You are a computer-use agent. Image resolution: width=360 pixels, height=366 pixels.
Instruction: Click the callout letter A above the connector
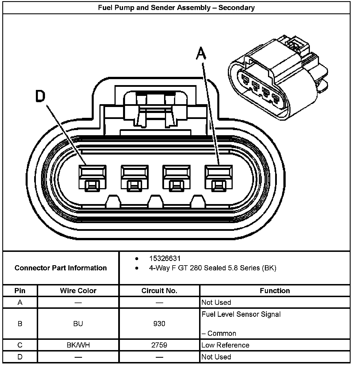coord(201,54)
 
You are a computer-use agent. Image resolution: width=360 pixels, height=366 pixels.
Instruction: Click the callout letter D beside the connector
coord(40,96)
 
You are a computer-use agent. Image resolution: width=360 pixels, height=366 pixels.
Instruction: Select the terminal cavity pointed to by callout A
coord(218,177)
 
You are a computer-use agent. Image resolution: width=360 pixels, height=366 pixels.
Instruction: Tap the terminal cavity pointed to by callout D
coord(92,177)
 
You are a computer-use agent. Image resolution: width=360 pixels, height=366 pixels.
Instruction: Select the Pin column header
coord(20,291)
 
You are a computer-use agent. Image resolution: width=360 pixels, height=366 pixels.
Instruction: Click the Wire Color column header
coord(78,291)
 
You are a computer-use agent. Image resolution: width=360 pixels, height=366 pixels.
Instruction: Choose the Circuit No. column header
coord(159,291)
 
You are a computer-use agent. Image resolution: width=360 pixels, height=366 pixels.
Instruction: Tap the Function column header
coord(275,291)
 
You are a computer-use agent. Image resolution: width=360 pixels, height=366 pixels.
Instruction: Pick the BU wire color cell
coord(78,324)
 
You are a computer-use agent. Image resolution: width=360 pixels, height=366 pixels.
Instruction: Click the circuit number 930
coord(159,324)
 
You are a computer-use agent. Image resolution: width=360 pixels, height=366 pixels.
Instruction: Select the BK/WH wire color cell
coord(78,345)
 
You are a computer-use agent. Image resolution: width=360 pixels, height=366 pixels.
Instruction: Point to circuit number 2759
coord(159,345)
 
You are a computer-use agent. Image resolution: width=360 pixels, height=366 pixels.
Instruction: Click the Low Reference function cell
coord(225,345)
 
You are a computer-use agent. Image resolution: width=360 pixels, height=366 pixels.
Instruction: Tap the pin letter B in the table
coord(20,324)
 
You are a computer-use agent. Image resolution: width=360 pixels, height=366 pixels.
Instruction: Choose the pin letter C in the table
coord(20,345)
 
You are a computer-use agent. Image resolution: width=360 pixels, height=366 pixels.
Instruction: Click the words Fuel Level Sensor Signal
coord(241,314)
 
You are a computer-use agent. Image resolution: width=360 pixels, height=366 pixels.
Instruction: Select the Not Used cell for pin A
coord(216,302)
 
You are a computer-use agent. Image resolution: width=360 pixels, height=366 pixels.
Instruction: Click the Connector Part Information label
coord(61,268)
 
